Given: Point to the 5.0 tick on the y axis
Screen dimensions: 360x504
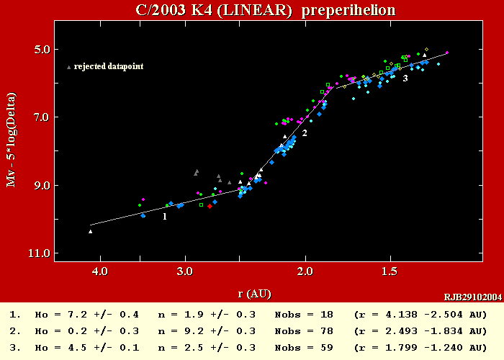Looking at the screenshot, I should pyautogui.click(x=41, y=49).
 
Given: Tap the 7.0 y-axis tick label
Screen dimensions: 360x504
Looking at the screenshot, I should pyautogui.click(x=41, y=117).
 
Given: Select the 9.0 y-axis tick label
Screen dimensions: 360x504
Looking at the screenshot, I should pyautogui.click(x=41, y=185).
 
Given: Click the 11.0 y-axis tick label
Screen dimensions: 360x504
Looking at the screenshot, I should pyautogui.click(x=39, y=253).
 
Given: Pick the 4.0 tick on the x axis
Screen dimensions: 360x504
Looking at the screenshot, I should pyautogui.click(x=99, y=271).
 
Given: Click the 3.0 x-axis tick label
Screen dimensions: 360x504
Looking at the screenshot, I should pyautogui.click(x=185, y=271).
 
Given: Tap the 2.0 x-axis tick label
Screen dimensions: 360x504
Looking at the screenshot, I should pyautogui.click(x=306, y=271).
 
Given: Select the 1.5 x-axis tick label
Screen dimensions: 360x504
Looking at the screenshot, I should pyautogui.click(x=389, y=271).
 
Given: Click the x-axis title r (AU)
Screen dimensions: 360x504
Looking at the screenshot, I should pyautogui.click(x=254, y=293).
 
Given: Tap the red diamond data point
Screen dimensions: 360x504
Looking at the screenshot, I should pyautogui.click(x=210, y=206).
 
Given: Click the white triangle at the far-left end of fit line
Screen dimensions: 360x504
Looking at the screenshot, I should pyautogui.click(x=91, y=231).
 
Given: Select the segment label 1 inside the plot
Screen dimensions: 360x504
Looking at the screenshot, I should pyautogui.click(x=165, y=216).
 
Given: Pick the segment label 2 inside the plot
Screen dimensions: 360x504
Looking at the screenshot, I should pyautogui.click(x=305, y=133).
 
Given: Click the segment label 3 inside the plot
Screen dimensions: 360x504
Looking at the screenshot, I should pyautogui.click(x=405, y=78).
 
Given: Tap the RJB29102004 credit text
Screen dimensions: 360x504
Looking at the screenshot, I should pyautogui.click(x=473, y=296).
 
